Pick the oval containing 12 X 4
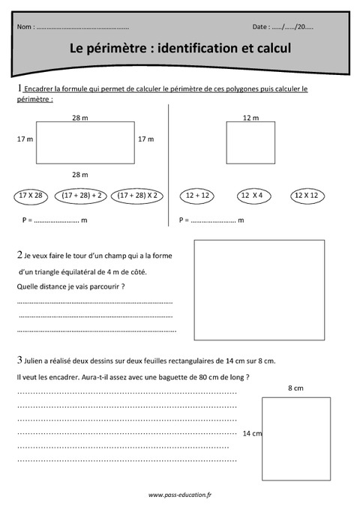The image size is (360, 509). click(x=251, y=196)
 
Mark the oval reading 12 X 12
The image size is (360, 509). click(x=306, y=196)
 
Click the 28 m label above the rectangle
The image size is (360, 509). click(x=80, y=118)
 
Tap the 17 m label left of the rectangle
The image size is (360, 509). click(x=25, y=139)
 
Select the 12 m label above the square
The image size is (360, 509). click(x=250, y=118)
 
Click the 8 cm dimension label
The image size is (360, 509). click(x=295, y=388)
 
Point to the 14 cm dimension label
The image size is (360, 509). click(x=252, y=433)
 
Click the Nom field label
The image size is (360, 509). click(x=24, y=27)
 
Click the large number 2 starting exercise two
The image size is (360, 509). click(x=19, y=254)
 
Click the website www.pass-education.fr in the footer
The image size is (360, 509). click(x=180, y=495)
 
